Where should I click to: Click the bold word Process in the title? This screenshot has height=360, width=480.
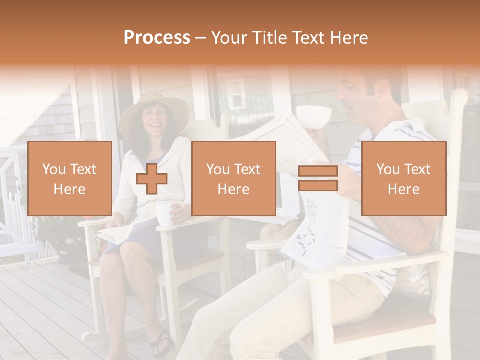click(x=157, y=38)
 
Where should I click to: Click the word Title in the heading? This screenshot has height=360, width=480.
click(x=271, y=38)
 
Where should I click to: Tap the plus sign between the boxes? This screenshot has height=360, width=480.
click(x=152, y=179)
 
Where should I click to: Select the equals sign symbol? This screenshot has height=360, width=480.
click(x=318, y=179)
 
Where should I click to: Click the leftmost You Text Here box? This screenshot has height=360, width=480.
click(x=70, y=179)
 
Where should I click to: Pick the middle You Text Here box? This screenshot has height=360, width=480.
click(x=234, y=179)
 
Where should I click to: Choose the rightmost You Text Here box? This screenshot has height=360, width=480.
click(x=404, y=179)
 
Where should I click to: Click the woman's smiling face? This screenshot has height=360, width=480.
click(x=154, y=118)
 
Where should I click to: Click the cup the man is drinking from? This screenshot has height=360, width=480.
click(x=313, y=116)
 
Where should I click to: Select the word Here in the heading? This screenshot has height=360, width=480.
click(x=348, y=38)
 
